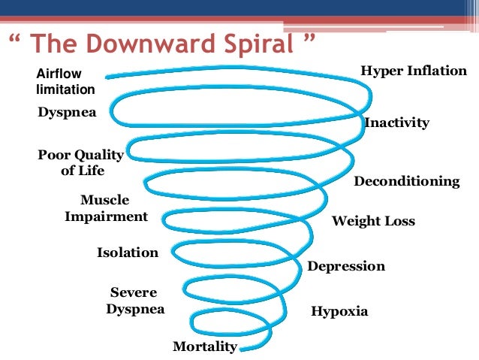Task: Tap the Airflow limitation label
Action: coord(65,82)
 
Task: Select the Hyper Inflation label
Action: coord(414,71)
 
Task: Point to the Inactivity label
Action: coord(396,123)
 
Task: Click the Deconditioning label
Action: coord(406,181)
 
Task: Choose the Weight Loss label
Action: coord(373,222)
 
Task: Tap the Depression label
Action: coord(346,266)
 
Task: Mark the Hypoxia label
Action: coord(339,310)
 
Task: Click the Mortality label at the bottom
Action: coord(205,346)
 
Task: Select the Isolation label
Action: coord(128,253)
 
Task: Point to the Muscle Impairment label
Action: coord(106,208)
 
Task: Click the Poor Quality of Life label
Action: coord(81,162)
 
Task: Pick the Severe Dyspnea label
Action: coord(135,300)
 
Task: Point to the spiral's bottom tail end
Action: coord(242,348)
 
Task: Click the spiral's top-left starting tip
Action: coord(108,75)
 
